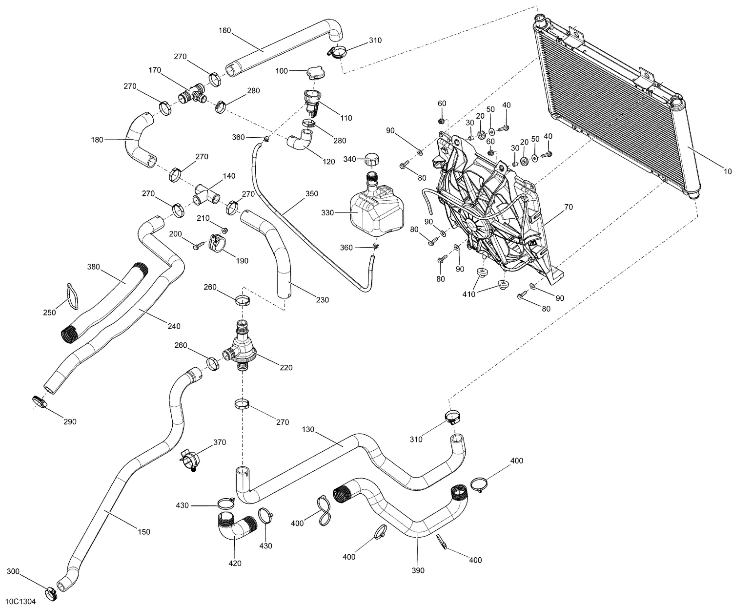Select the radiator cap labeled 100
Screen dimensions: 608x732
point(315,74)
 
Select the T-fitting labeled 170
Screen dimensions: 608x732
point(193,94)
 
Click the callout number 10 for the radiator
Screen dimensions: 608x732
point(727,171)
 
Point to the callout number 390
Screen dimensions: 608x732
point(418,570)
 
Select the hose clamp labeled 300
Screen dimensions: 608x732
point(51,593)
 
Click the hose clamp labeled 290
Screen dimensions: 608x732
point(40,401)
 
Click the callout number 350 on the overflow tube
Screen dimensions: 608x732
point(311,193)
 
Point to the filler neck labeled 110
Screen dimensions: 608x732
point(311,101)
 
